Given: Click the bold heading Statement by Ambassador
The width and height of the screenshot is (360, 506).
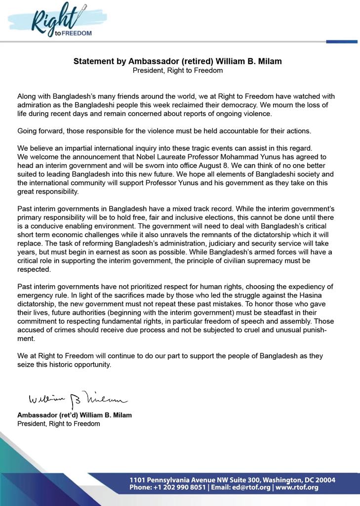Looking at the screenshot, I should coord(178,62).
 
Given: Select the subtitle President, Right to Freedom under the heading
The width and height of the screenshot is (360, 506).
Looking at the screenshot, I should coord(178,71).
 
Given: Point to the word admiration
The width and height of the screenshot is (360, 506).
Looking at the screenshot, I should coord(36,105).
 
